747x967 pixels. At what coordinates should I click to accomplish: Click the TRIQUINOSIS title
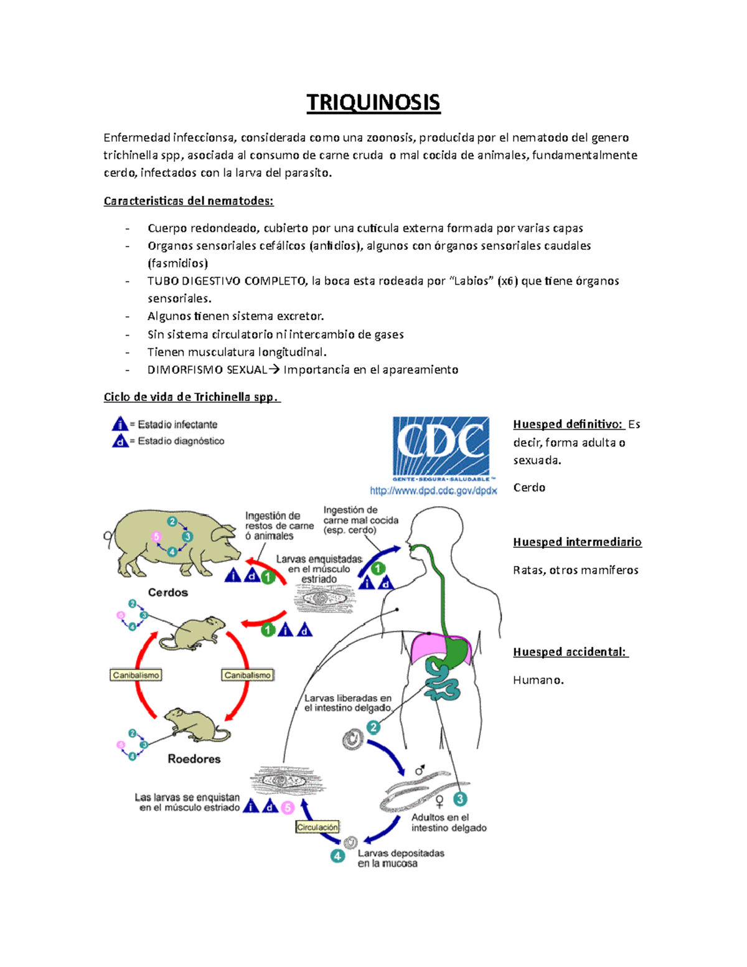pos(373,102)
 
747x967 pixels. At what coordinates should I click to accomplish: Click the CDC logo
pos(441,447)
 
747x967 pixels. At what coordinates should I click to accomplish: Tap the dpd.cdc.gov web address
pos(433,491)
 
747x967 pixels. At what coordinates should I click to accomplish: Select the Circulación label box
pos(317,827)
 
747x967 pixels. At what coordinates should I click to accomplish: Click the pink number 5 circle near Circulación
pos(287,808)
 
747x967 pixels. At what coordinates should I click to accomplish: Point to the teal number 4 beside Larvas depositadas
pos(337,856)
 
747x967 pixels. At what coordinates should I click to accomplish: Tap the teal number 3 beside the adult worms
pos(459,799)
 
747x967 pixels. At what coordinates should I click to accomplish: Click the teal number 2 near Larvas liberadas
pos(373,727)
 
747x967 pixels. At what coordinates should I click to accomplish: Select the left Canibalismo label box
pos(136,675)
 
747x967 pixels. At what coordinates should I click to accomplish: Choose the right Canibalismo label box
pos(247,675)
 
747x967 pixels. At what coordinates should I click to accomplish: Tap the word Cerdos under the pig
pos(167,592)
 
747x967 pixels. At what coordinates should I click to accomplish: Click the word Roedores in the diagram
pos(194,758)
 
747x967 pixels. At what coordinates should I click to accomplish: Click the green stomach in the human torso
pos(459,651)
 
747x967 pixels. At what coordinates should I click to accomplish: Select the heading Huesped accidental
pos(570,652)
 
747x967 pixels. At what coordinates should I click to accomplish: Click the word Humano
pos(538,680)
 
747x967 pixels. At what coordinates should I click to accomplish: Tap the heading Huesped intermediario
pos(577,542)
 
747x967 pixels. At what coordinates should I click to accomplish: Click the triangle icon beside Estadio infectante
pos(120,425)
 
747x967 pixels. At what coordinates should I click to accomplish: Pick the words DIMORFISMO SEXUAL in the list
pos(207,370)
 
